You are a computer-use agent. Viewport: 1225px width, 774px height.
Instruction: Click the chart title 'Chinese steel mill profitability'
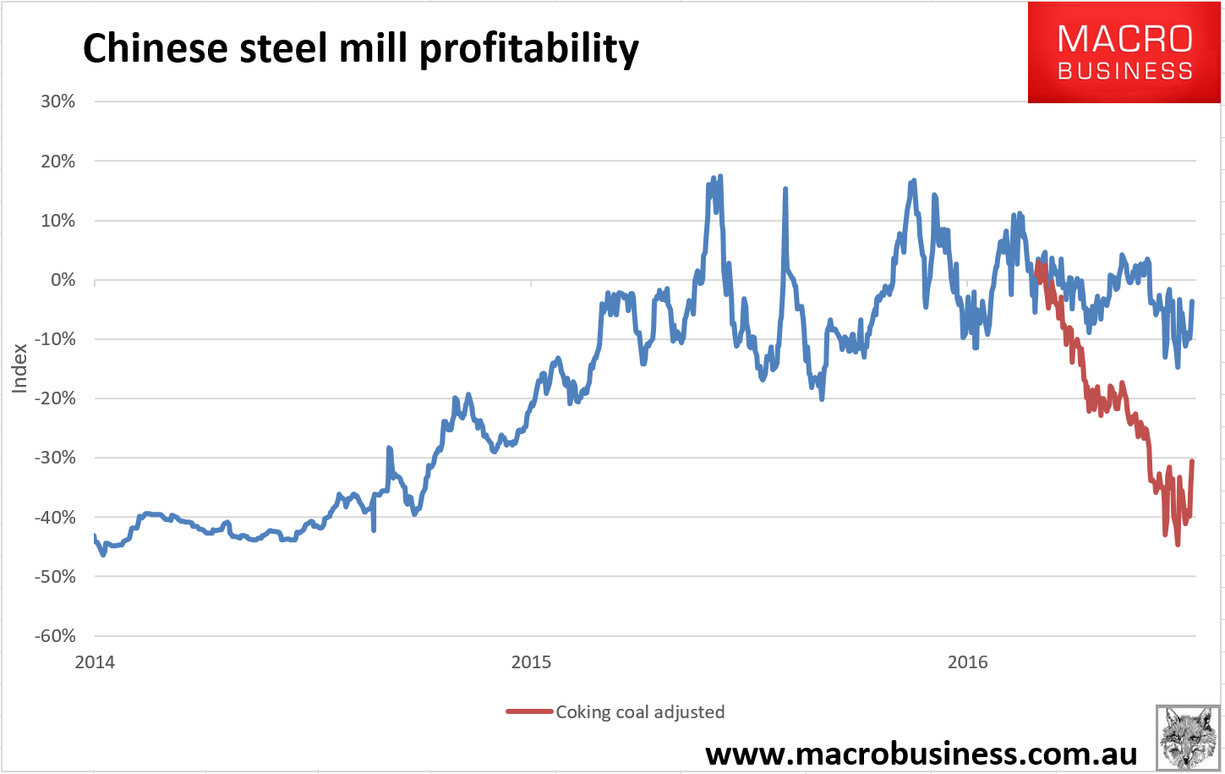point(360,49)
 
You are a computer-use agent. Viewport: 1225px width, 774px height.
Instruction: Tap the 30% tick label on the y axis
point(57,102)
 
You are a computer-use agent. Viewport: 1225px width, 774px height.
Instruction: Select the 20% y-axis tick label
point(57,162)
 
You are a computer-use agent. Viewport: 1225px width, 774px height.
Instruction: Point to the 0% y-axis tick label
point(63,280)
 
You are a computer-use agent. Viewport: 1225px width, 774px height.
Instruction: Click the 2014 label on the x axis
point(95,661)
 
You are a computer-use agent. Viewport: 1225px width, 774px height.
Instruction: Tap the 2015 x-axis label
point(531,661)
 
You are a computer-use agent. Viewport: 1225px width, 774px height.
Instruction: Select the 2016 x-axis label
point(967,661)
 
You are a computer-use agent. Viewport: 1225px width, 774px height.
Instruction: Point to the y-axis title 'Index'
point(20,368)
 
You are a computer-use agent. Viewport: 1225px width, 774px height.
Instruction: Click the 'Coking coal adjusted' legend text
point(640,712)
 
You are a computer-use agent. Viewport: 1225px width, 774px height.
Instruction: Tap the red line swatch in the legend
point(529,712)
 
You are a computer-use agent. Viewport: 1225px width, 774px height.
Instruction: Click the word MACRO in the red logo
point(1124,39)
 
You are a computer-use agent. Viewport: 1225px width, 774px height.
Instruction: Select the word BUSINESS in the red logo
point(1124,71)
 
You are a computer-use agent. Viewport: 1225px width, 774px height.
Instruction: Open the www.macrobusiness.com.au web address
point(921,753)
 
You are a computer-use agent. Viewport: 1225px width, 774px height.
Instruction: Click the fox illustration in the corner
point(1187,736)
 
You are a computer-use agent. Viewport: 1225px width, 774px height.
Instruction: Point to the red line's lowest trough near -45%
point(1178,544)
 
